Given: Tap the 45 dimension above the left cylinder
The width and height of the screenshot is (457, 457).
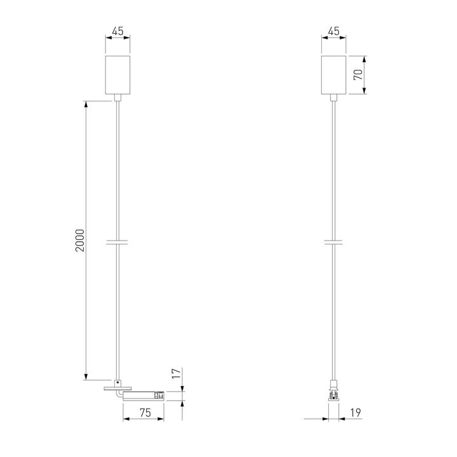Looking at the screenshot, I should click(x=117, y=30).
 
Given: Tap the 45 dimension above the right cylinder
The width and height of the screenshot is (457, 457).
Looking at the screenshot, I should click(x=333, y=30).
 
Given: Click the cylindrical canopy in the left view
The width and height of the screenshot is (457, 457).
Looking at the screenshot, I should click(x=117, y=75).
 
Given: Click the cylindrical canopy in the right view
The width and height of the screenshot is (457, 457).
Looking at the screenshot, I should click(x=333, y=75).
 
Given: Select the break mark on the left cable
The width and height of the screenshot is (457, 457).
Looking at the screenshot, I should click(x=117, y=241).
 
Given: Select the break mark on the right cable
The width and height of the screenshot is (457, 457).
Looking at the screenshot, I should click(x=333, y=241).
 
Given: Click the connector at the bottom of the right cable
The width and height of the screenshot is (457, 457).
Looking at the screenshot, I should click(x=333, y=392).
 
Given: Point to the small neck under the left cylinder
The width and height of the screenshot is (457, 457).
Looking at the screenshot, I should click(x=117, y=98).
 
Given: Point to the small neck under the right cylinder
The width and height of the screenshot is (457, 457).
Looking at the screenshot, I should click(x=333, y=98).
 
